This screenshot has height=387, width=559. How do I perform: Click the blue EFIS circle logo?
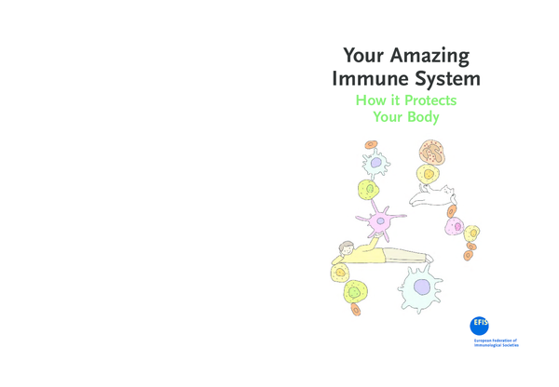click(x=480, y=325)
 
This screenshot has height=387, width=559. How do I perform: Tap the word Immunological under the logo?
click(x=490, y=346)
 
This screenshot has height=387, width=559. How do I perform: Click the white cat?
click(x=434, y=195)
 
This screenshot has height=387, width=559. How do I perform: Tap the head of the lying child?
click(x=347, y=248)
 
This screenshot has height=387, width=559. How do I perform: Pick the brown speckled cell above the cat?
click(x=430, y=150)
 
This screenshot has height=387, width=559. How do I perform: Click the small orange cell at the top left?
click(x=372, y=145)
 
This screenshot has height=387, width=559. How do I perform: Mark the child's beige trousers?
click(x=402, y=254)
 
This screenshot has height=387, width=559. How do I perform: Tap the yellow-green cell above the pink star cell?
click(x=369, y=190)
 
